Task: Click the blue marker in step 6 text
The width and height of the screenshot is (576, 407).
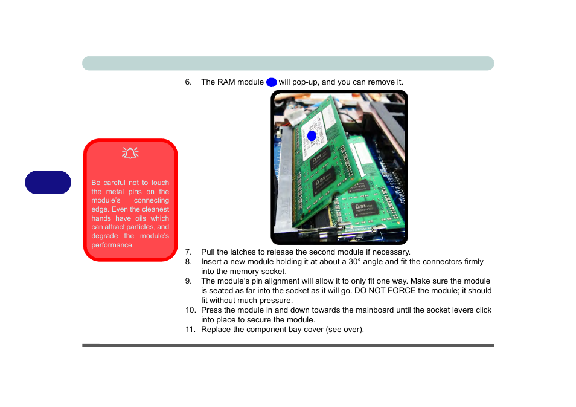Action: coord(271,82)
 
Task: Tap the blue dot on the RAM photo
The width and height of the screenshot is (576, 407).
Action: coord(312,135)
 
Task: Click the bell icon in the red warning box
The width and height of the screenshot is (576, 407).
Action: coord(130,153)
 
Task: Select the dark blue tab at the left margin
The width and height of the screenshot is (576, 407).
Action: coord(49,182)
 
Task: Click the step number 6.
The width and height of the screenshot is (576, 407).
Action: coord(188,82)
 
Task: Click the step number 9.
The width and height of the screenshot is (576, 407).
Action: coord(188,281)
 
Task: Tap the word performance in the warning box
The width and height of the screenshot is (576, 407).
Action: coord(112,245)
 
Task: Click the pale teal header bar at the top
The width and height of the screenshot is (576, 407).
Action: coord(288,63)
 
